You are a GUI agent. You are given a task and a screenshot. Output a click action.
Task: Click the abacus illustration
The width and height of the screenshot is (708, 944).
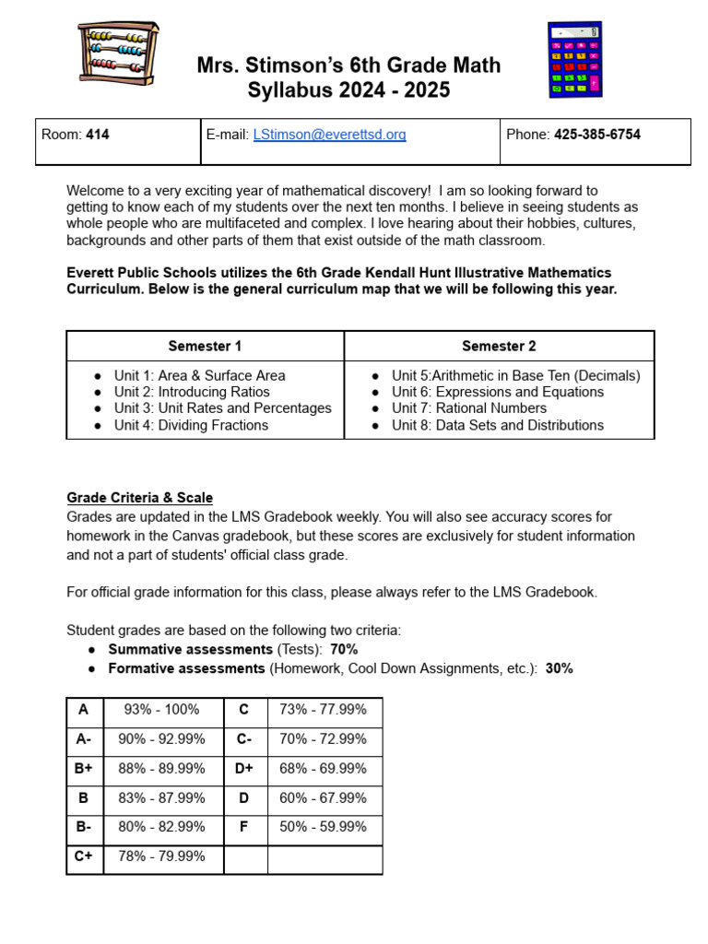pos(118,53)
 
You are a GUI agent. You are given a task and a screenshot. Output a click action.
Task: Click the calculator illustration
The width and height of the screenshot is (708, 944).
pos(574,60)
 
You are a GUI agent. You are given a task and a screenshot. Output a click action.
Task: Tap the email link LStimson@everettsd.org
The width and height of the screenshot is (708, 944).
pos(329,135)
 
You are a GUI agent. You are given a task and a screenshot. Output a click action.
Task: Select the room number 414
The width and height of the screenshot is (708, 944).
pos(98,135)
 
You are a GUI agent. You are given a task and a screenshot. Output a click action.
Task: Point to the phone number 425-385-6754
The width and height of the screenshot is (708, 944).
pos(596,135)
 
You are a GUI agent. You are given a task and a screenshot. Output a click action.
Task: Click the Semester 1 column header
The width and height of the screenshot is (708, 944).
pos(205,347)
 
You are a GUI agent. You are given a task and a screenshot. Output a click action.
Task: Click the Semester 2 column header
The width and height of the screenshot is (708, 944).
pos(499,347)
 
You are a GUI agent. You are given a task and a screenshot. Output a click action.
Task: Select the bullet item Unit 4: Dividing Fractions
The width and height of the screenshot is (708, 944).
pos(191,425)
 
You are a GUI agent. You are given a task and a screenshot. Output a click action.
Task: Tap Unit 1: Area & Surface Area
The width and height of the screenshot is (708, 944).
pos(199,375)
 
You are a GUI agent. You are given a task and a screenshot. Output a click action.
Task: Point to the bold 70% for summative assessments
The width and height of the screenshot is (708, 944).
pos(344,650)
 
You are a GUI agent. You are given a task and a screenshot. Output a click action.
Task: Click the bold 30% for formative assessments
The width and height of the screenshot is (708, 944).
pos(559,668)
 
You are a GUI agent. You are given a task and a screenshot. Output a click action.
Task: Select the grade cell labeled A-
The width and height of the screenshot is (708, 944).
pos(84,739)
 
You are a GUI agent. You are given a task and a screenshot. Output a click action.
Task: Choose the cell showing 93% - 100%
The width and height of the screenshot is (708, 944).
pos(161,710)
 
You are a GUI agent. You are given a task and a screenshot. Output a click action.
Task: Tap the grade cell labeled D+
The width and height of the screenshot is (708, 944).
pos(244,769)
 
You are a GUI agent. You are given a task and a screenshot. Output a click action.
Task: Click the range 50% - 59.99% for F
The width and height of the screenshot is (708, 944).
pos(323,827)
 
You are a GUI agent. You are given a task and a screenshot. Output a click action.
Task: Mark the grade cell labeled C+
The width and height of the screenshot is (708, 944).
pos(84,856)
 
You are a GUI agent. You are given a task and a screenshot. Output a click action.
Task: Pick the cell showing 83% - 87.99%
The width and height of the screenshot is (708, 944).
pos(161,798)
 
